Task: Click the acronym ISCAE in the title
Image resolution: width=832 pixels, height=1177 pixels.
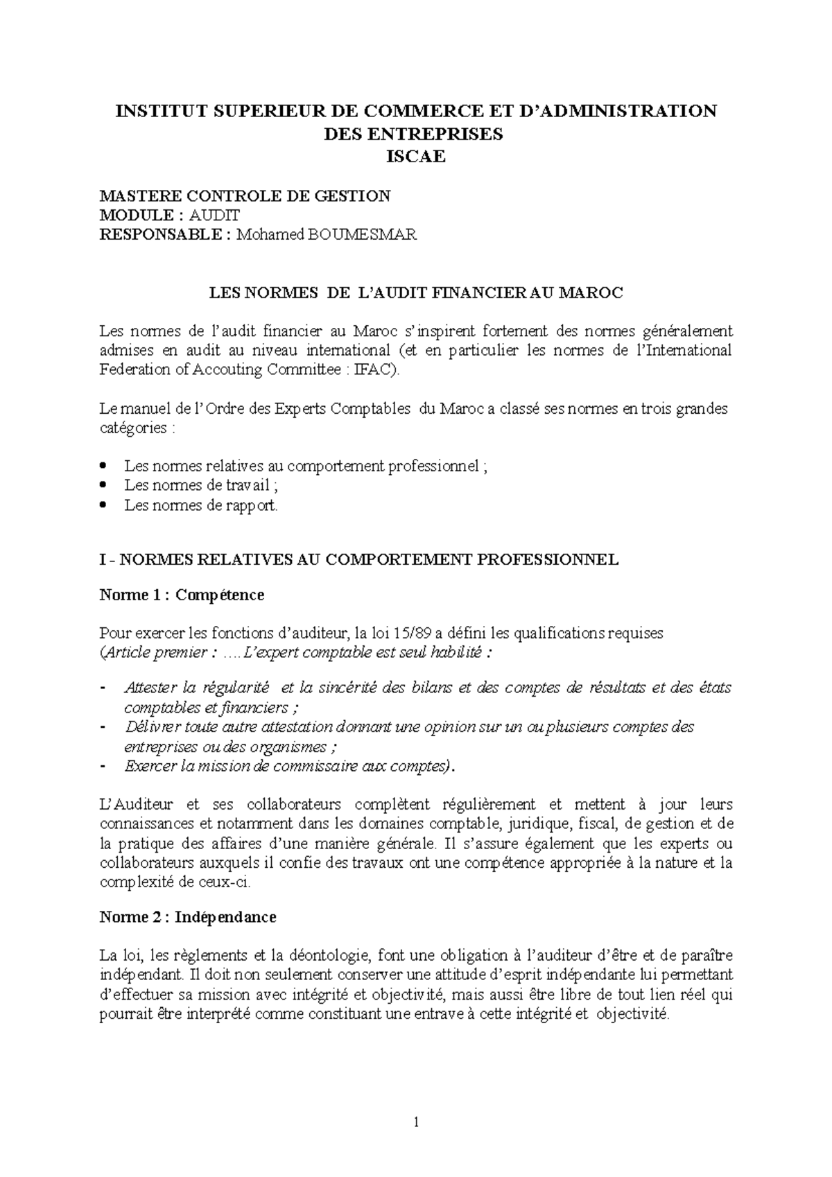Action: click(415, 157)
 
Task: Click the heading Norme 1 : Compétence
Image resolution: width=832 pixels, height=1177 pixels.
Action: click(182, 595)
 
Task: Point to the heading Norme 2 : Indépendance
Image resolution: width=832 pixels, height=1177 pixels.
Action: click(188, 917)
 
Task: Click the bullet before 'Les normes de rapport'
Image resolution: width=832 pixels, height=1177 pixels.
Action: click(104, 505)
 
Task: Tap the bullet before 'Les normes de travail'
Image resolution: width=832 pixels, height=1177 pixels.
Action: click(104, 485)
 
